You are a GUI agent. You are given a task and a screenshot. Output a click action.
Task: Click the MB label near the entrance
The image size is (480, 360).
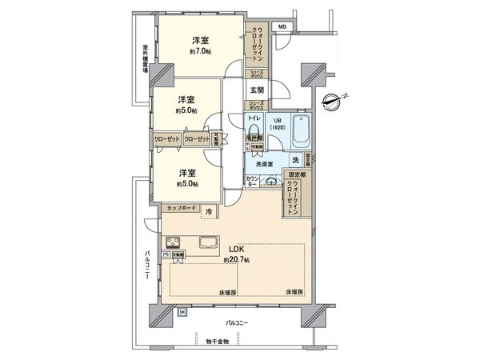coord(282,28)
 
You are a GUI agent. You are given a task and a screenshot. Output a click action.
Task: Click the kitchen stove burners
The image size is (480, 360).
coord(174,242)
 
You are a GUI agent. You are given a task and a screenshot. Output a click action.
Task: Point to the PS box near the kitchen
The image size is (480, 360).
coord(166,254)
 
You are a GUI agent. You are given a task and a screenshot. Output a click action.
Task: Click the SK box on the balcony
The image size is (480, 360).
coord(182,312)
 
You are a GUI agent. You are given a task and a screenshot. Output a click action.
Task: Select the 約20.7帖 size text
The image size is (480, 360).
coord(238,260)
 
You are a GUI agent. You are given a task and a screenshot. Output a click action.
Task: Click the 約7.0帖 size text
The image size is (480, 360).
coord(200,51)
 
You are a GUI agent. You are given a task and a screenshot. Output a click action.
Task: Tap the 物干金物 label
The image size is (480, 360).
coord(216,342)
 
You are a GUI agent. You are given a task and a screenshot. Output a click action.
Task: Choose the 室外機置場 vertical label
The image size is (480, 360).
coord(145,60)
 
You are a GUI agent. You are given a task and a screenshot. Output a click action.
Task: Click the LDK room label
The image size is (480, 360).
coord(238,249)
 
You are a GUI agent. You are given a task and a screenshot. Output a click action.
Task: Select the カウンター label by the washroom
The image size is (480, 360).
coord(252,182)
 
